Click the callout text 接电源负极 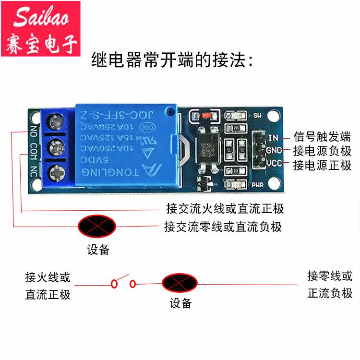(322, 151)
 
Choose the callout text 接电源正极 (322, 166)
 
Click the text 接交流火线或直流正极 (225, 209)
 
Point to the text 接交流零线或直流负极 (223, 226)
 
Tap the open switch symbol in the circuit (124, 283)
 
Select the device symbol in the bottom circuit (180, 283)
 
